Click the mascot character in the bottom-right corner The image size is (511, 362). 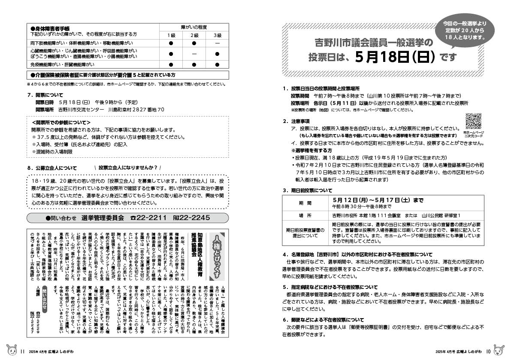[x=499, y=350]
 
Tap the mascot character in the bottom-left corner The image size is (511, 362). [x=11, y=350]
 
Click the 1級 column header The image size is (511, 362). [x=171, y=34]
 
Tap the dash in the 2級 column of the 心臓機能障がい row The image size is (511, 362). [x=194, y=54]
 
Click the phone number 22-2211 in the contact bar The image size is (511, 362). [x=148, y=218]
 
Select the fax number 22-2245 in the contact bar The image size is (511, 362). [x=191, y=218]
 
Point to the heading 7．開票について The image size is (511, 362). [x=45, y=95]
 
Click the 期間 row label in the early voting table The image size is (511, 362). [x=306, y=203]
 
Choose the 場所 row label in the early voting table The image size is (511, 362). [x=306, y=215]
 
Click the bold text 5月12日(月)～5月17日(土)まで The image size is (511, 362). [x=378, y=200]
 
